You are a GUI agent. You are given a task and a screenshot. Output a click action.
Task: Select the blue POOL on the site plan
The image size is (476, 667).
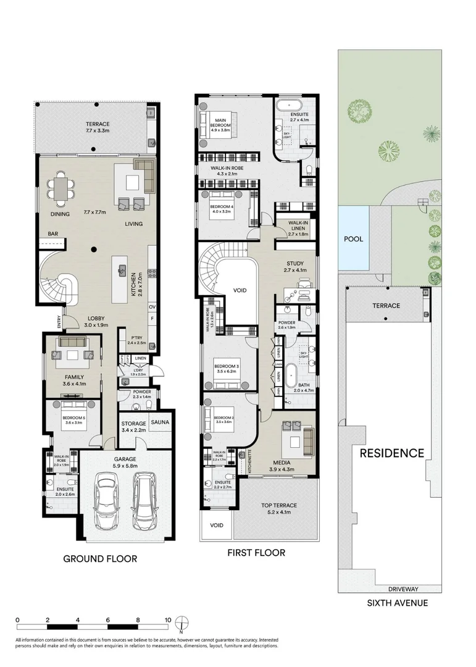(353, 239)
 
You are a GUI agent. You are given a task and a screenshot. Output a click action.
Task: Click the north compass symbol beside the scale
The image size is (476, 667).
(181, 624)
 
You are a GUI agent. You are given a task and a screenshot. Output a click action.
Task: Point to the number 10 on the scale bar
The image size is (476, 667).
(167, 619)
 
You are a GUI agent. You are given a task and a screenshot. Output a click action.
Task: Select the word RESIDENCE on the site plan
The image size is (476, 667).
(392, 453)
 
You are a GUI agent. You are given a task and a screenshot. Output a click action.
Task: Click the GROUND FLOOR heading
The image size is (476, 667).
(100, 559)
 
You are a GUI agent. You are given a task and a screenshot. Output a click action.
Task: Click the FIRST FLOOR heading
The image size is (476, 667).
(256, 553)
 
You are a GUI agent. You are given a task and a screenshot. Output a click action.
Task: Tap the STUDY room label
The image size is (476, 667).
(296, 263)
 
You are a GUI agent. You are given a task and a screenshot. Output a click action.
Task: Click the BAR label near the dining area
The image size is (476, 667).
(53, 234)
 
